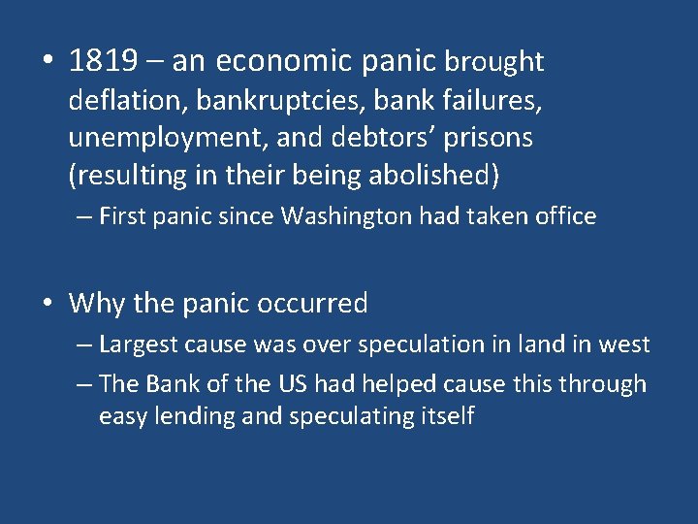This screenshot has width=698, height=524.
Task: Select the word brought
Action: pyautogui.click(x=494, y=62)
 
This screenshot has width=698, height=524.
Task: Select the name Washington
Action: pyautogui.click(x=346, y=216)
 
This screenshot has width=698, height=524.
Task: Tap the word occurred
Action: pyautogui.click(x=312, y=304)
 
